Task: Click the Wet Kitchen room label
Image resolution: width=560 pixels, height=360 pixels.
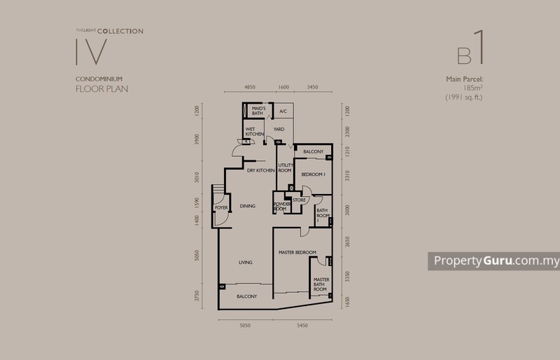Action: [x=254, y=131]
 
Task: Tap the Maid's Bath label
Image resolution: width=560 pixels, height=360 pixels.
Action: [x=257, y=111]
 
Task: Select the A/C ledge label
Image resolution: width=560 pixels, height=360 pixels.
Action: [x=283, y=111]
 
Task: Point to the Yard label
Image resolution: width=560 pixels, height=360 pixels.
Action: [x=278, y=129]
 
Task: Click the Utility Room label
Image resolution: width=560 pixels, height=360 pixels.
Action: [x=284, y=168]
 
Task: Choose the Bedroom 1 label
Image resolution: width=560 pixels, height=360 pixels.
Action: [x=314, y=174]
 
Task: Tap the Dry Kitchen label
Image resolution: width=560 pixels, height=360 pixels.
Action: [x=260, y=170]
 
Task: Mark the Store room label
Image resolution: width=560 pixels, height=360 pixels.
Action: [x=298, y=200]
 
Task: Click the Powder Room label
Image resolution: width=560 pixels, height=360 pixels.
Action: [x=281, y=207]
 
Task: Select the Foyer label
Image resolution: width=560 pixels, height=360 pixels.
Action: [x=221, y=208]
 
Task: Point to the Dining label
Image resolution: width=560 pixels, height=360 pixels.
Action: [x=247, y=206]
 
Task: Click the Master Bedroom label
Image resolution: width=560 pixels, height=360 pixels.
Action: [x=297, y=252]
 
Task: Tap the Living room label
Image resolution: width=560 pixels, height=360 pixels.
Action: [x=245, y=263]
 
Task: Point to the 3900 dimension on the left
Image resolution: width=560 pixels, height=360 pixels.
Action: [x=198, y=138]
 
